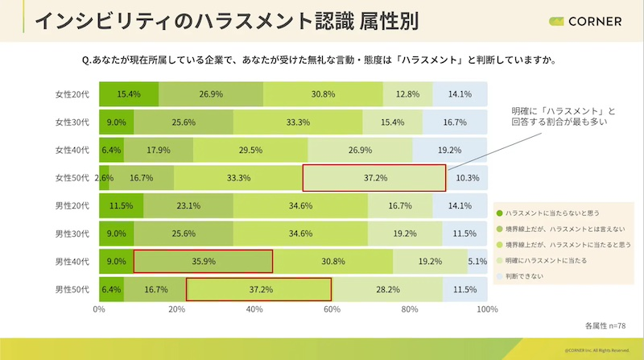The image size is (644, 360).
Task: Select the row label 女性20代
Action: point(72,94)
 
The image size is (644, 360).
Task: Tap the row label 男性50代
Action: point(72,288)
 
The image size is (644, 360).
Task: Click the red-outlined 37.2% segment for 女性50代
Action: point(374,178)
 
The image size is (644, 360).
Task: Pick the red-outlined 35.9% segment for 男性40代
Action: point(203,261)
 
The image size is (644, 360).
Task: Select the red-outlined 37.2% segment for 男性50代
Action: point(258,288)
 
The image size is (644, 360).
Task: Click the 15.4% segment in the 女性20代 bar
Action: point(129,94)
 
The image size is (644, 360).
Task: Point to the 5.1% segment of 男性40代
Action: point(477,261)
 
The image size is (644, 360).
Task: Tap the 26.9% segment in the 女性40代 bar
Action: point(360,150)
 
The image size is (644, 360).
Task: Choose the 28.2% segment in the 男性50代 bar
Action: point(387,288)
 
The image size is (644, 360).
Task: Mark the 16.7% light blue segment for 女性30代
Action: point(456,122)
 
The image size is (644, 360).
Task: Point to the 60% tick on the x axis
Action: point(332,308)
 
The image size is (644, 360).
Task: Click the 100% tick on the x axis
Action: point(486,308)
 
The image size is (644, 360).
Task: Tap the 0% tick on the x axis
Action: point(100,308)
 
